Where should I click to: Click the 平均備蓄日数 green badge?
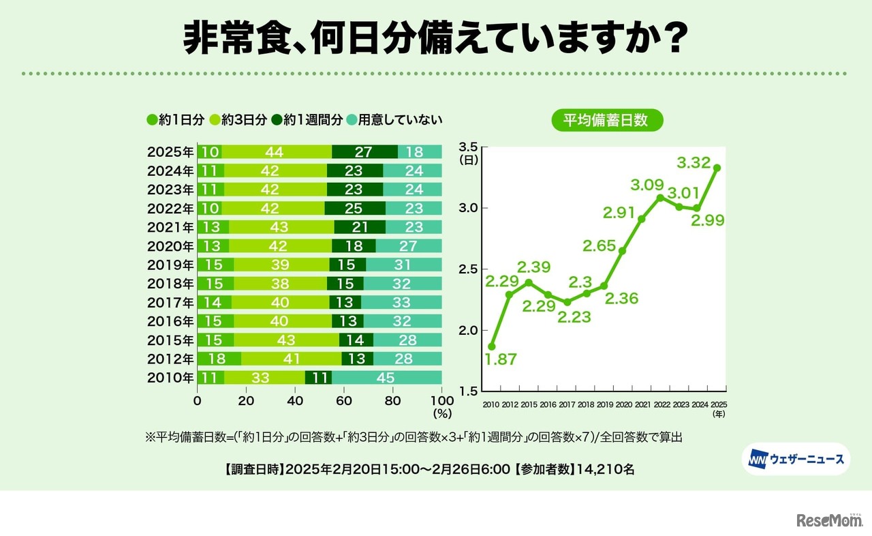point(607,120)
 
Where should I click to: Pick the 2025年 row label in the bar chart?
point(170,152)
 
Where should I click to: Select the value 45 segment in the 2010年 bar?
point(386,377)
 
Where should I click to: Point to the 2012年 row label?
point(170,359)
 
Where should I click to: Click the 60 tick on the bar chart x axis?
point(344,401)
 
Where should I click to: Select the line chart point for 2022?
point(659,198)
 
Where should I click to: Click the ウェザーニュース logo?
point(796,459)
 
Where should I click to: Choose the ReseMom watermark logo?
point(830,520)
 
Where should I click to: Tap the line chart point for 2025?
point(717,168)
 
